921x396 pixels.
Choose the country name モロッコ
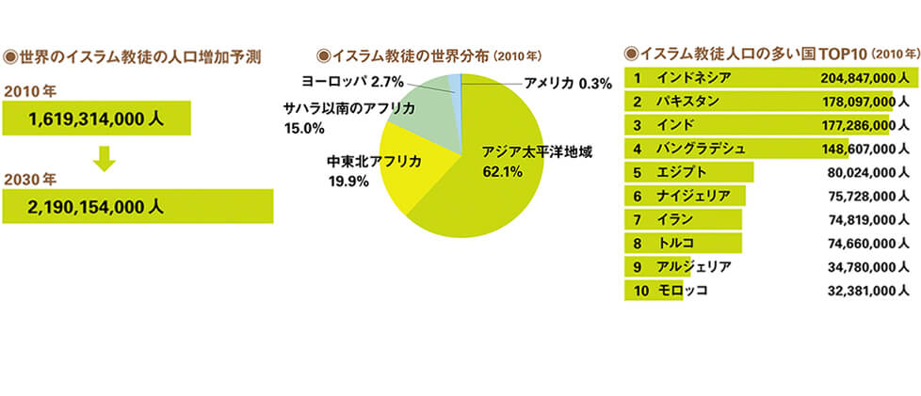coord(683,291)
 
